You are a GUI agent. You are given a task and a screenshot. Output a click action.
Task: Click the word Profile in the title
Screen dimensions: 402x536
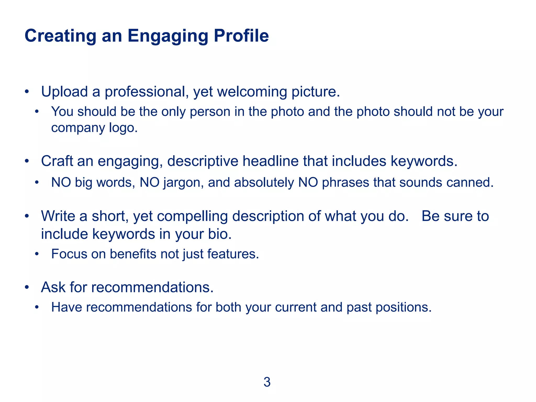(241, 36)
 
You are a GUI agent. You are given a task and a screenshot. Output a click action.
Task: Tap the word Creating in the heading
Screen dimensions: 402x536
(60, 36)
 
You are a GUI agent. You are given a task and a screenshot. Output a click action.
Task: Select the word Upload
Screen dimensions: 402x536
(64, 92)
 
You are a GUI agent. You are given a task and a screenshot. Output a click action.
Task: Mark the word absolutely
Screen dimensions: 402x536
(264, 182)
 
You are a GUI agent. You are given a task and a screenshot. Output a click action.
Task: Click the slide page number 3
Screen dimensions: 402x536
(267, 382)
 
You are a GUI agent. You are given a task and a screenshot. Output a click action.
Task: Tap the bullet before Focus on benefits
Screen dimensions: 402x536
(37, 254)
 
